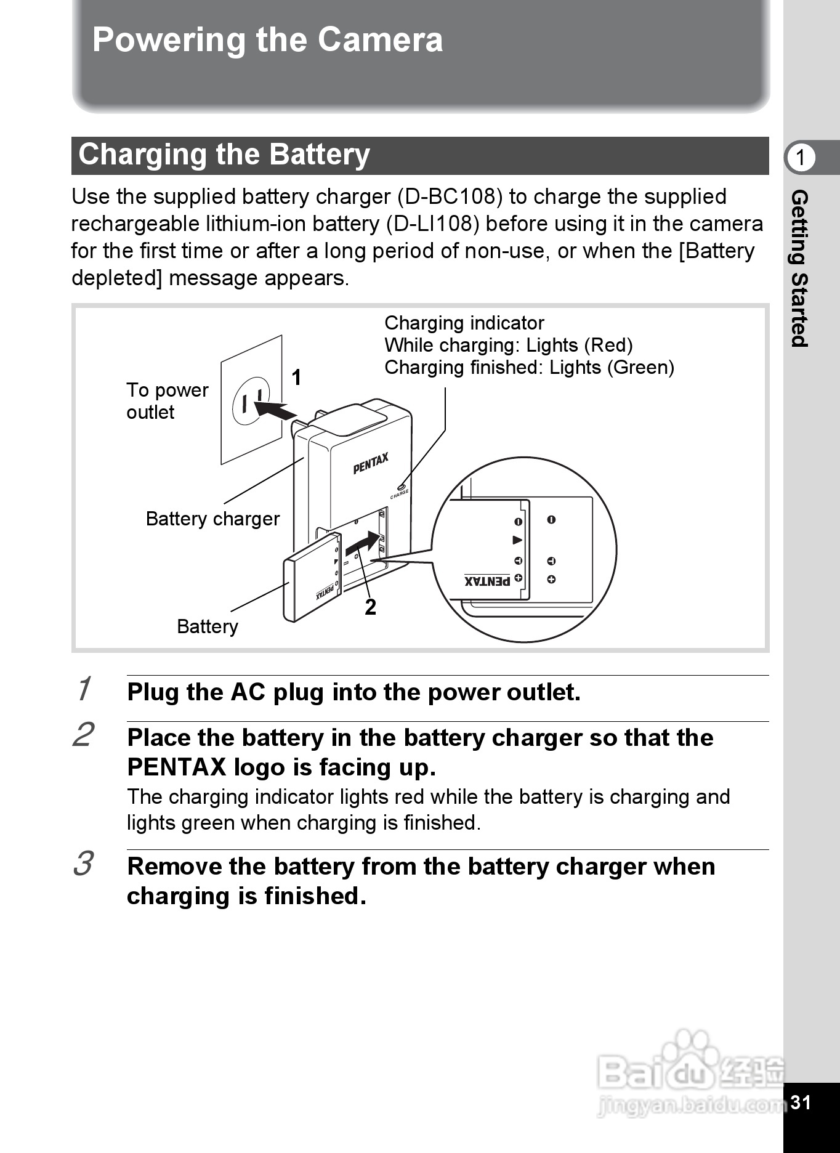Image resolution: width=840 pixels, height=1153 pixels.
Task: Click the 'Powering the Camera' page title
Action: [267, 40]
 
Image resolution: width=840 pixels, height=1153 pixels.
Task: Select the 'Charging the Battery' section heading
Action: [224, 155]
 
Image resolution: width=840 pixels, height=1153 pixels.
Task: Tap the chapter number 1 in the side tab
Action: [800, 158]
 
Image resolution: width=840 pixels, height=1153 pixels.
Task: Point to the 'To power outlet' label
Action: [167, 401]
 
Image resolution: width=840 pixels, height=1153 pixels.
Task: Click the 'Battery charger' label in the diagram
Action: [212, 519]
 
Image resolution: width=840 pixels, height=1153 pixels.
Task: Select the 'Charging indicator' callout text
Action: [464, 323]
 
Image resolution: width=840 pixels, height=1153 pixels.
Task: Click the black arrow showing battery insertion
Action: [363, 543]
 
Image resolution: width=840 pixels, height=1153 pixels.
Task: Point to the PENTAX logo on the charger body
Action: [371, 464]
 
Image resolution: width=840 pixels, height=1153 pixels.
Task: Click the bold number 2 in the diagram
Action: [370, 607]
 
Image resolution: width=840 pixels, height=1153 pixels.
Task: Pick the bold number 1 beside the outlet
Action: [296, 378]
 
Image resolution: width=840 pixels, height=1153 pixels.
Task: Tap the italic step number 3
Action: [83, 864]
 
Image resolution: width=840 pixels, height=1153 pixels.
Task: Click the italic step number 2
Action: [83, 735]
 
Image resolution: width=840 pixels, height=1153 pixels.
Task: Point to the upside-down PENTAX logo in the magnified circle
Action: [487, 581]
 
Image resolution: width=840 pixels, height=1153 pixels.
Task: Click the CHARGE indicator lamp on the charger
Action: [400, 488]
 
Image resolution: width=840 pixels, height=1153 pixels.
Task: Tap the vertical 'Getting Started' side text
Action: [799, 269]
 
